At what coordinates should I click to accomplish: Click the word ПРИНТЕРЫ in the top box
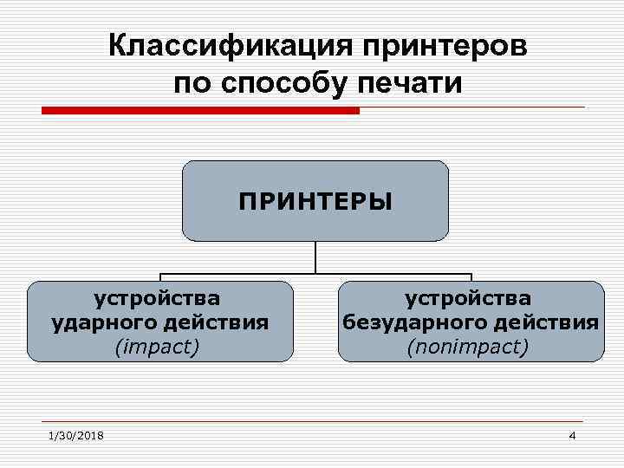315,202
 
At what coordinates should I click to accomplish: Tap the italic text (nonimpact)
468,347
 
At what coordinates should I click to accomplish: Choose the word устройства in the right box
468,299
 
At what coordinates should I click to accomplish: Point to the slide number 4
572,435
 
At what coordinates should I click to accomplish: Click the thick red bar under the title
200,111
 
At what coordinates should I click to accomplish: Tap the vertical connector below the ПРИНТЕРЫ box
315,257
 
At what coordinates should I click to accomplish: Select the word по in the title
190,84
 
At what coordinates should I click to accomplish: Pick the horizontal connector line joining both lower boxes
315,275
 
